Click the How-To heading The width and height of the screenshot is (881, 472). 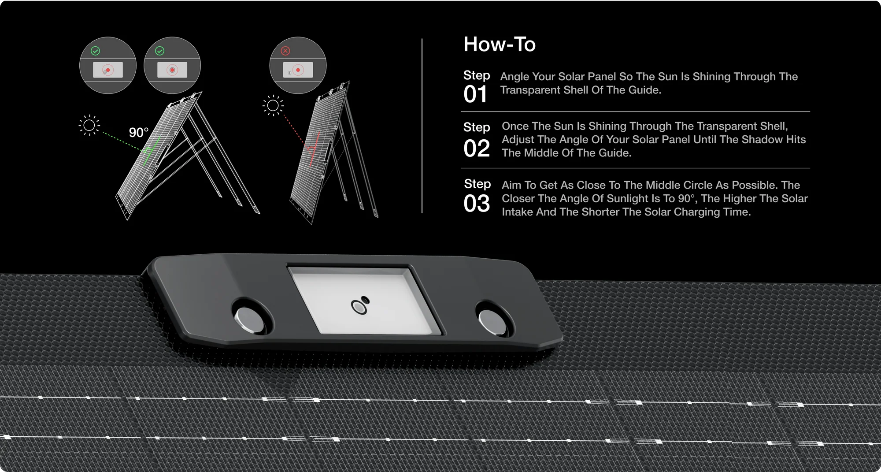[500, 45]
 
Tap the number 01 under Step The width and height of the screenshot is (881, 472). [475, 95]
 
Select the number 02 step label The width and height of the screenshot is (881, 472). [477, 149]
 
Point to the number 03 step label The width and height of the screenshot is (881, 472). [477, 203]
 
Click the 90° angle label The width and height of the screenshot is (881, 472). [139, 133]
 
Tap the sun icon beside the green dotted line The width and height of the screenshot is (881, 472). [89, 126]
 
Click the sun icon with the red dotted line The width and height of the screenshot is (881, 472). [273, 106]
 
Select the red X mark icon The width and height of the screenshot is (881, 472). [285, 51]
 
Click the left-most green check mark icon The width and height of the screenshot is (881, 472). [95, 51]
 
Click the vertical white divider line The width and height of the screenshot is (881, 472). [422, 126]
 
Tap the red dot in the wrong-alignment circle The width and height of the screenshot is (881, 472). [298, 70]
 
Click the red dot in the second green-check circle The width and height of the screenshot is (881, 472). [172, 70]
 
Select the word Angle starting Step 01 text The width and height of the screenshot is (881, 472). [515, 77]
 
